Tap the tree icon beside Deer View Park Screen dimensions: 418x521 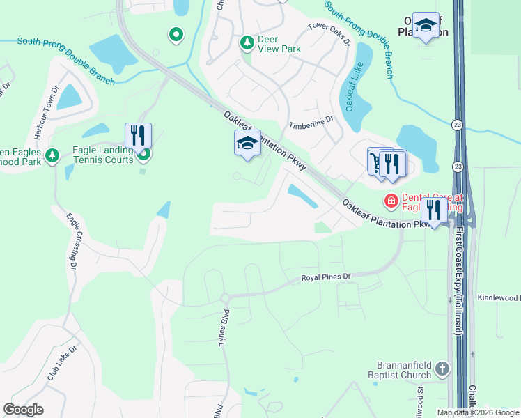pos(247,44)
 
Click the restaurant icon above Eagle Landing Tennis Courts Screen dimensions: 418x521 pos(138,134)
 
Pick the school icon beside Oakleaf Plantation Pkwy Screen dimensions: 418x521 pos(247,143)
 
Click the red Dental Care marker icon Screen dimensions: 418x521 pos(391,201)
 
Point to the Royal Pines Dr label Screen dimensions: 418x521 pos(328,278)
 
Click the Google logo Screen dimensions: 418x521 pos(24,410)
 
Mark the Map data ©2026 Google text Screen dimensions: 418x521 pos(478,412)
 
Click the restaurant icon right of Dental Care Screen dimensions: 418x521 pos(433,210)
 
